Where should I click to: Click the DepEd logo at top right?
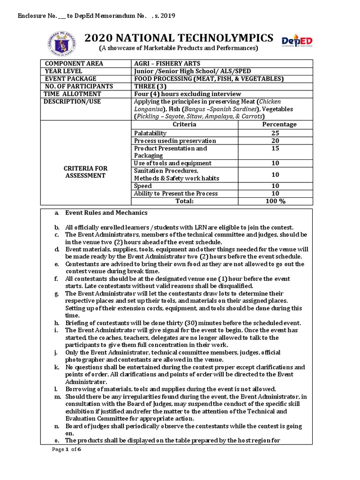click(x=297, y=42)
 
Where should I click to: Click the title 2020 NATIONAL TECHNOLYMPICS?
click(x=179, y=38)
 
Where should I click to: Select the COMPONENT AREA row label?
click(x=74, y=64)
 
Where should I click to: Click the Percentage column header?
click(x=279, y=124)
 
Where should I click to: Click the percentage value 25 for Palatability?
click(x=275, y=133)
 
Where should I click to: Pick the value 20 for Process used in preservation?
click(x=275, y=141)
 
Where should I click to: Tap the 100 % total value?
click(x=275, y=201)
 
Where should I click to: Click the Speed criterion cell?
click(x=143, y=186)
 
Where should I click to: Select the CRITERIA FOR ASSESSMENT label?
click(x=85, y=172)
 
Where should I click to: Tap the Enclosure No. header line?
click(x=96, y=16)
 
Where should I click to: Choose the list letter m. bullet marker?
click(x=57, y=397)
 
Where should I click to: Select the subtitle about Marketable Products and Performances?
click(x=178, y=48)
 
